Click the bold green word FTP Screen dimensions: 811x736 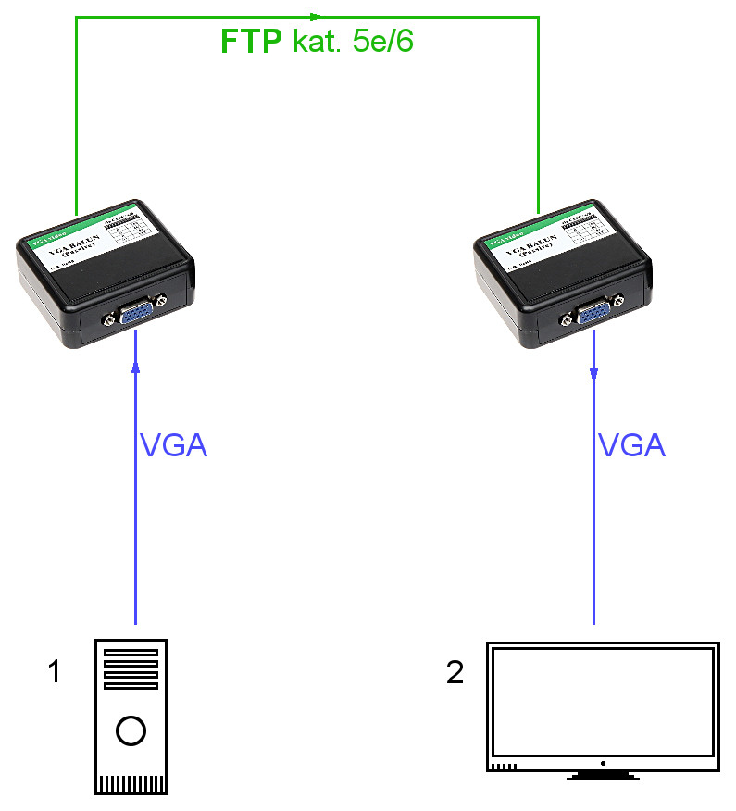252,43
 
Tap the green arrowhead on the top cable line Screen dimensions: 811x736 317,16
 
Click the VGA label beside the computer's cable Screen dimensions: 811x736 173,446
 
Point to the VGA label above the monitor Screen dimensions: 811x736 632,446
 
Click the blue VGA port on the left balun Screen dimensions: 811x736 136,315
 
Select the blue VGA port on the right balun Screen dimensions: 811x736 593,314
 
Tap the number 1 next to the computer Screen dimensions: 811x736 54,671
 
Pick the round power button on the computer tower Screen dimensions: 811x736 131,730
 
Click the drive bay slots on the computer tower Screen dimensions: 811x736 131,668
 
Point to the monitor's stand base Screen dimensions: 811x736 603,776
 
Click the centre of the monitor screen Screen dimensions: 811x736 603,701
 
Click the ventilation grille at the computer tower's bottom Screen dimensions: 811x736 131,784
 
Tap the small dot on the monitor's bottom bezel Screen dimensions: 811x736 603,763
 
